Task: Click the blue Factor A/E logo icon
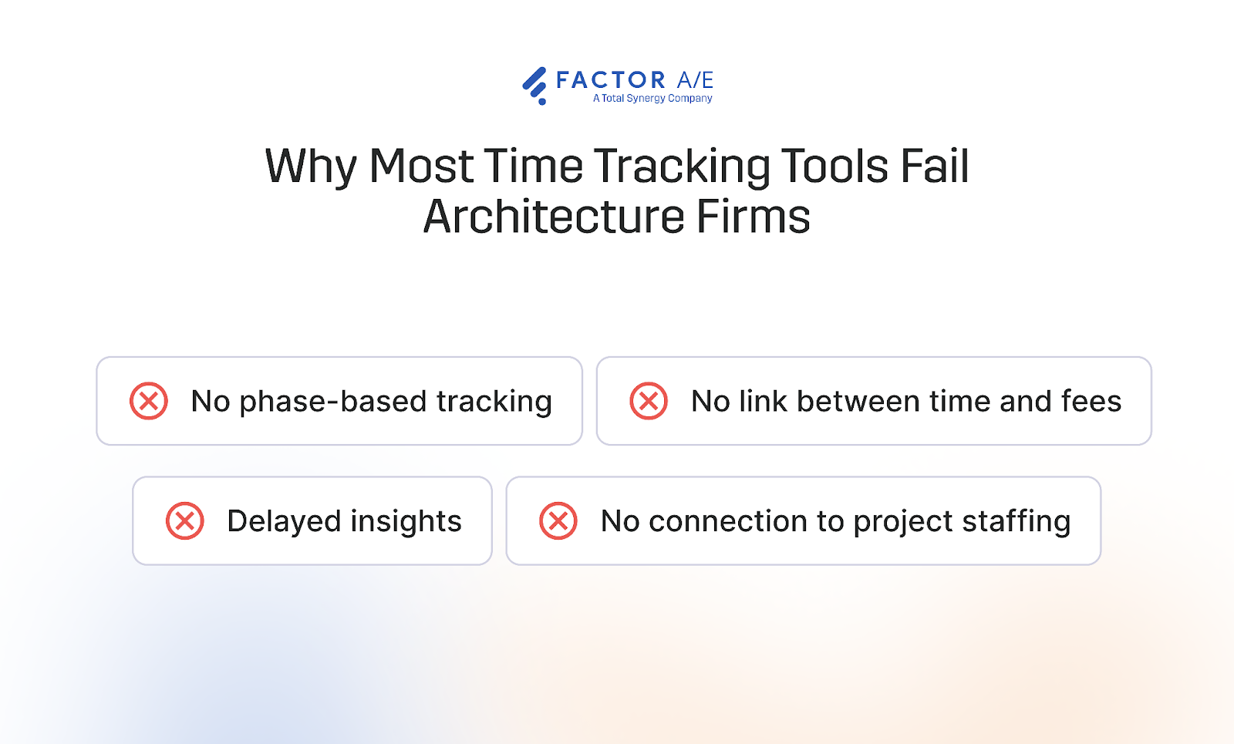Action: point(534,85)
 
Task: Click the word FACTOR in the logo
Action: point(611,80)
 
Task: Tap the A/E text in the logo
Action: point(695,80)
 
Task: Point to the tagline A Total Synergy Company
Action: point(652,99)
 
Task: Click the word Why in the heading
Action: point(311,167)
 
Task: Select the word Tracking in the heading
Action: point(682,167)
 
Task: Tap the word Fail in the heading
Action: point(934,166)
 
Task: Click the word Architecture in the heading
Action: point(553,217)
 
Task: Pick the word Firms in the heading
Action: point(754,217)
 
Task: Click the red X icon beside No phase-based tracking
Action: point(149,401)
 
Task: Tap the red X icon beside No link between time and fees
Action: point(649,401)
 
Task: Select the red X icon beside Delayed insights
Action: point(185,521)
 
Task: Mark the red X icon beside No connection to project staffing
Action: point(558,521)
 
